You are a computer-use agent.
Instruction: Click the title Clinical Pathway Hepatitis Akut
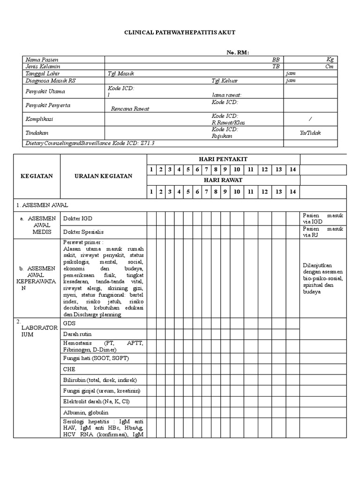[180, 32]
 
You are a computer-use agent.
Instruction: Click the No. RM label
[238, 52]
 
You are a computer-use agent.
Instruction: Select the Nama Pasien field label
[42, 60]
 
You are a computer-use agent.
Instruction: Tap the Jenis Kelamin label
[43, 67]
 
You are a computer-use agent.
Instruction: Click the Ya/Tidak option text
[310, 133]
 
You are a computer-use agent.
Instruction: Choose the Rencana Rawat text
[130, 109]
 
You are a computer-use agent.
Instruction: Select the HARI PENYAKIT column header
[224, 159]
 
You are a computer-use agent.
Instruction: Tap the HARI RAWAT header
[224, 180]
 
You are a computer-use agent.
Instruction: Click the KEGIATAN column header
[37, 176]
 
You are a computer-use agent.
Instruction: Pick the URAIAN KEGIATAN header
[104, 176]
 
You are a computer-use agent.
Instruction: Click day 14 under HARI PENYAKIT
[292, 169]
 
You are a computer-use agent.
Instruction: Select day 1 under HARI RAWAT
[151, 191]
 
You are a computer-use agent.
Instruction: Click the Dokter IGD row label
[77, 218]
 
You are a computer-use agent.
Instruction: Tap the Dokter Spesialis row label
[83, 232]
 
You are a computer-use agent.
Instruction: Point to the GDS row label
[69, 323]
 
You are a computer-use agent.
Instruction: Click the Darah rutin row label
[77, 334]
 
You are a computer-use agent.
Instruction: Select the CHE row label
[69, 369]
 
